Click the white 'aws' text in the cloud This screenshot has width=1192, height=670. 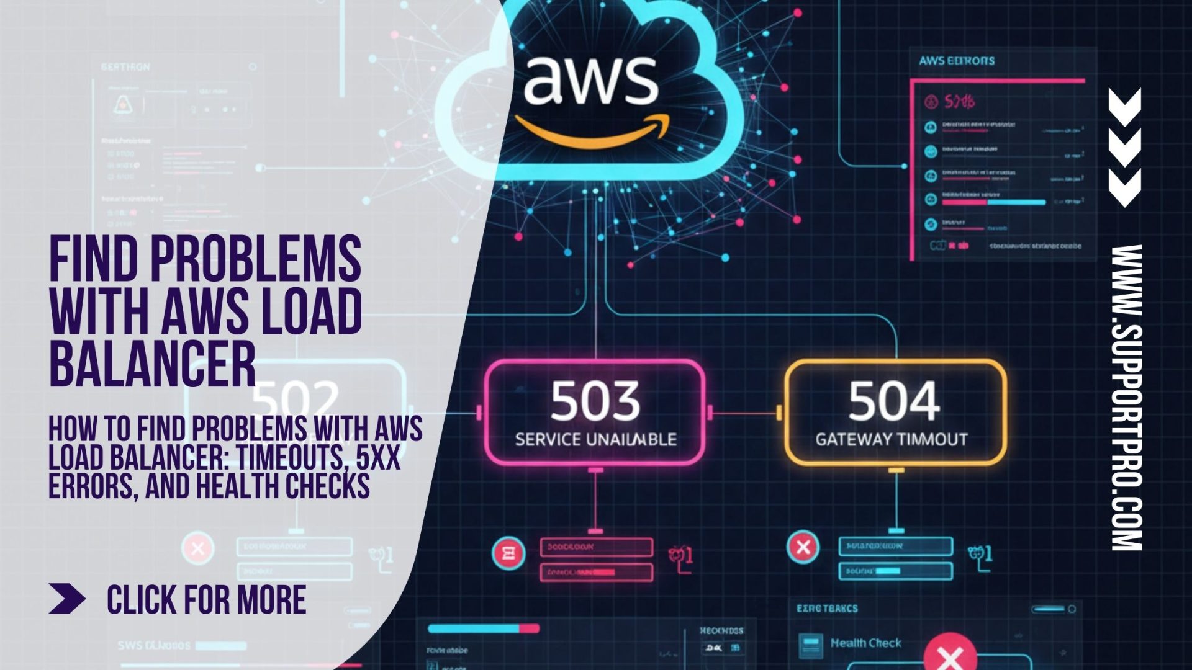(x=590, y=81)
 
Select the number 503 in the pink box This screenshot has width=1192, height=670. (x=595, y=401)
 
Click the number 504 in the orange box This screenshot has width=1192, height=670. (x=894, y=401)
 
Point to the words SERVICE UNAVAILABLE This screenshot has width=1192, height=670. (x=595, y=440)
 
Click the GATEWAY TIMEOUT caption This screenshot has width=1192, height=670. (x=892, y=440)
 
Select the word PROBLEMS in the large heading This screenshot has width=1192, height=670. (x=256, y=259)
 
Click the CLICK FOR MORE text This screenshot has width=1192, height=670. (x=206, y=600)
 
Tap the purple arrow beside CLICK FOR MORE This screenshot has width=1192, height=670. (x=67, y=599)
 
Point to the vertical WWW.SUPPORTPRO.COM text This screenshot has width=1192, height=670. (x=1126, y=397)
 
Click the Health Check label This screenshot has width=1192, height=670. (x=865, y=643)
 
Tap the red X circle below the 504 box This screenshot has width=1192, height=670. (x=803, y=547)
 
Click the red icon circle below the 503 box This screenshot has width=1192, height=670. (x=508, y=553)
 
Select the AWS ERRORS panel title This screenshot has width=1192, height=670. (x=957, y=61)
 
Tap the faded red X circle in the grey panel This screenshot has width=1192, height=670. (x=198, y=548)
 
